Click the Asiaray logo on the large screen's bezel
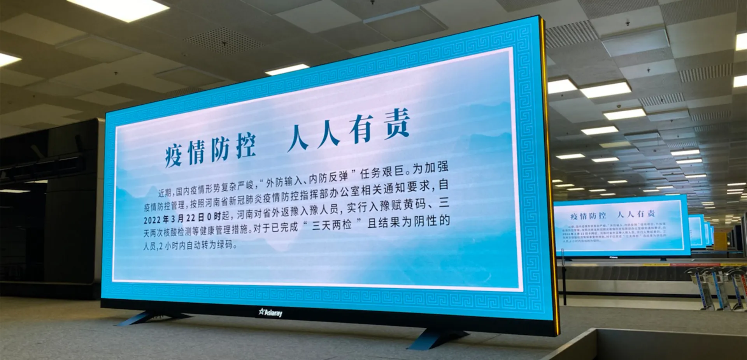click(271, 313)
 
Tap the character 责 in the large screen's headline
click(397, 124)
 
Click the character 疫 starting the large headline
click(174, 155)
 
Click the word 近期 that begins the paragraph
click(165, 193)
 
